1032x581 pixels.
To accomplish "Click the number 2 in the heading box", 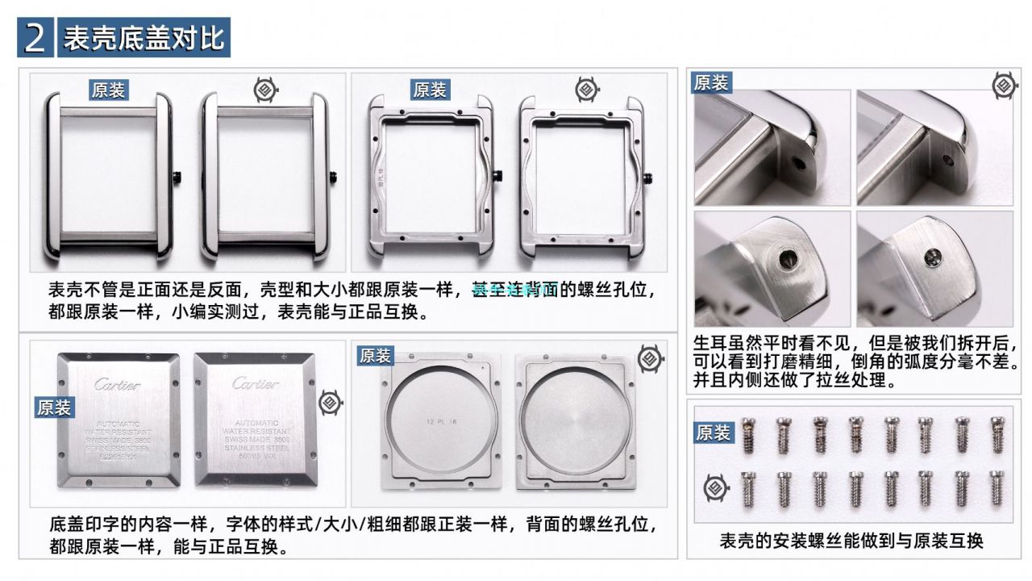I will click(x=35, y=38).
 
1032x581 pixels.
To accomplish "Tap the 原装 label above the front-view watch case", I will click(x=108, y=90).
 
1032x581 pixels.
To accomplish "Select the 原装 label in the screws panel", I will click(x=712, y=433).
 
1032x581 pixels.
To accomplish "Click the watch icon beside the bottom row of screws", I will click(x=713, y=488).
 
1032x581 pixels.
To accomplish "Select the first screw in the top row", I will click(x=747, y=435).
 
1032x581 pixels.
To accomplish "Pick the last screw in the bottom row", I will click(x=997, y=488).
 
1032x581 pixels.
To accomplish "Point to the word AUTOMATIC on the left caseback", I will click(x=118, y=424).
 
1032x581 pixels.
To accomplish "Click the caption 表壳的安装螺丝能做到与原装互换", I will click(x=851, y=541).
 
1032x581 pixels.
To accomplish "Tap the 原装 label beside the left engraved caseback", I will click(x=54, y=408).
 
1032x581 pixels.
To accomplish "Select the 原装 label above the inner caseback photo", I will click(x=375, y=356).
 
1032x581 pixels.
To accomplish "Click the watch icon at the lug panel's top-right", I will click(x=1004, y=85).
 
